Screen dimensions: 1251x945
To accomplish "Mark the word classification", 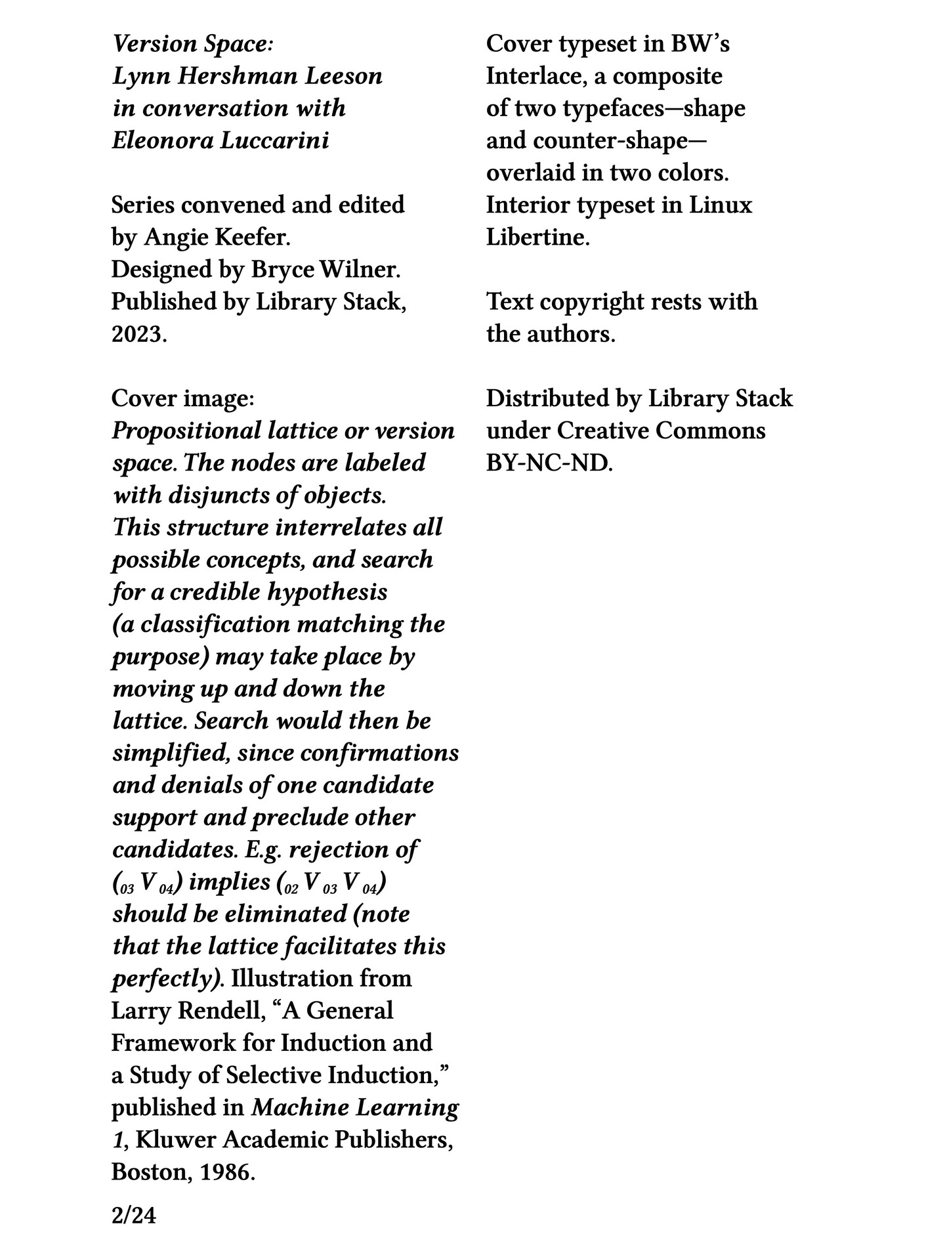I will [x=215, y=624].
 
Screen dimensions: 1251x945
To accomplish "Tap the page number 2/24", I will [x=134, y=1216].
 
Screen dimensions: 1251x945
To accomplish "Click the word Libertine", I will [x=537, y=237].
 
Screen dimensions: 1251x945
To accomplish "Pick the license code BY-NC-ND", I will [x=549, y=463].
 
